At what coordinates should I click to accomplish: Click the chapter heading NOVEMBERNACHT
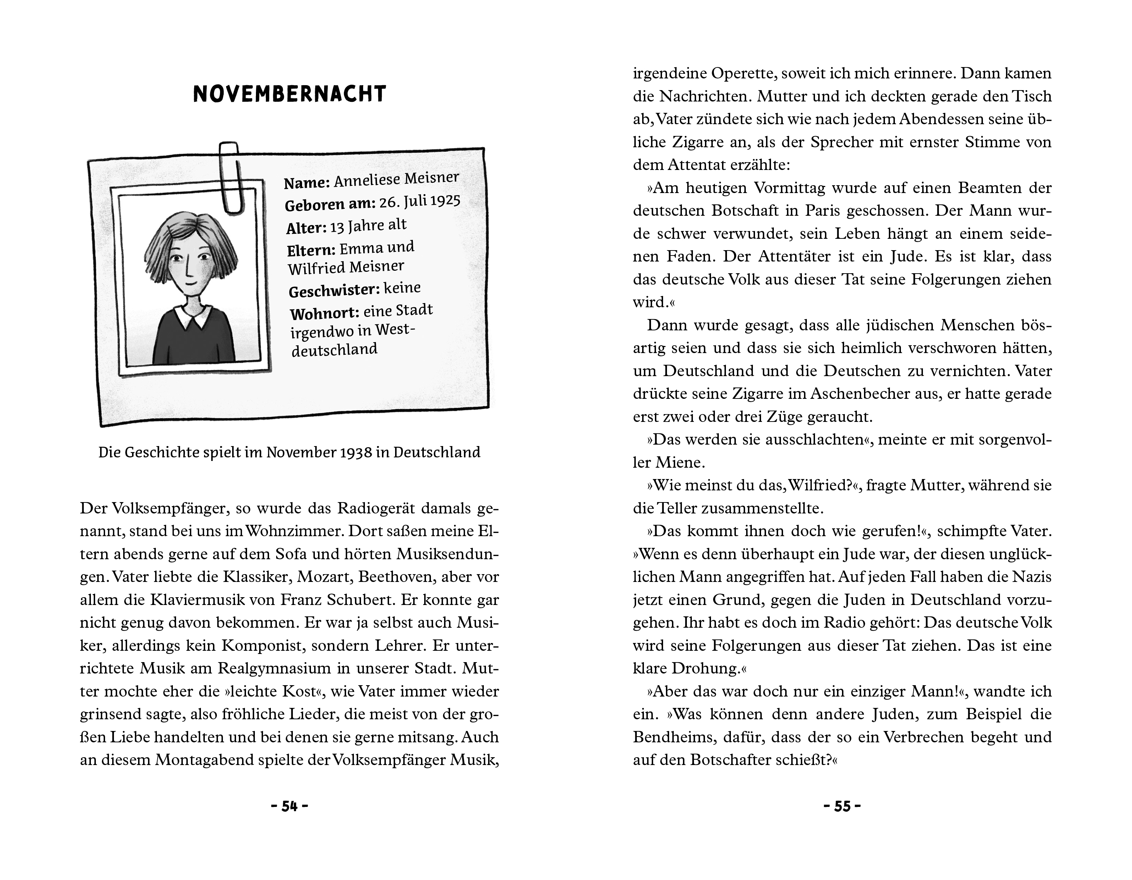click(289, 94)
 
